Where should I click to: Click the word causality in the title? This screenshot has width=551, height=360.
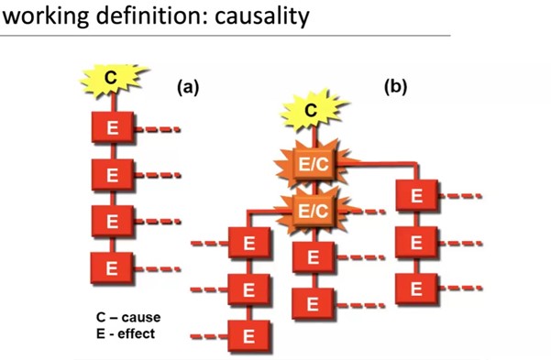click(262, 16)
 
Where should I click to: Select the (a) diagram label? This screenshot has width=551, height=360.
click(188, 87)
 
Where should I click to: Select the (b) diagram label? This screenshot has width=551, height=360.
click(396, 86)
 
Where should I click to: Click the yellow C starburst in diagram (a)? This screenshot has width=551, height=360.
click(112, 79)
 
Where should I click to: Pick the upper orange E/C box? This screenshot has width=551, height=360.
click(314, 164)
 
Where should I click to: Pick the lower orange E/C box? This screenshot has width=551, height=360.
click(314, 211)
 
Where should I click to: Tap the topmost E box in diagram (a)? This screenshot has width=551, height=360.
click(113, 126)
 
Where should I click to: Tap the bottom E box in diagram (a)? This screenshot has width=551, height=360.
click(112, 268)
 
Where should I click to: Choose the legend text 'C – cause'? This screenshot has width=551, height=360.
click(128, 317)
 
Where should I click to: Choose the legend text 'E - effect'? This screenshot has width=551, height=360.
click(126, 333)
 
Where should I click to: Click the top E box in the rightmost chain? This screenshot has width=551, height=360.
click(417, 195)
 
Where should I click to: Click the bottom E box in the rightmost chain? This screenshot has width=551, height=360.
click(417, 289)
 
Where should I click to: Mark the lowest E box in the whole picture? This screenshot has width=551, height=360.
click(249, 336)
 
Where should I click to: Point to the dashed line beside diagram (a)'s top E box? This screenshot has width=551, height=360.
click(158, 129)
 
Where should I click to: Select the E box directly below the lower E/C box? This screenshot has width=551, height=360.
click(314, 257)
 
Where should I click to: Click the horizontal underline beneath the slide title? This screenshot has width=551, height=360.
click(225, 36)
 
